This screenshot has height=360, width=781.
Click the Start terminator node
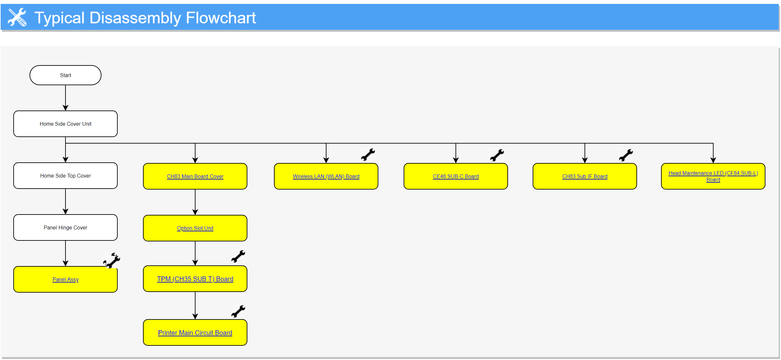tap(65, 75)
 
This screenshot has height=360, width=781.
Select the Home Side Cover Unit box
tap(65, 124)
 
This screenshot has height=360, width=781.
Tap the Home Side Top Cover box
tap(65, 176)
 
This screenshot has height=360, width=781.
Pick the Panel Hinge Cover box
tap(65, 227)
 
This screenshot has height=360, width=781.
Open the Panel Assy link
tap(65, 279)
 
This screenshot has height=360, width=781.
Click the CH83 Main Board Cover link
tap(195, 176)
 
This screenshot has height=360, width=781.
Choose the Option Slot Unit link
tap(195, 228)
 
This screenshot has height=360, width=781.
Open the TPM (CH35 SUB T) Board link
tap(195, 279)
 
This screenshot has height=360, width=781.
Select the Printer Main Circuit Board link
tap(195, 333)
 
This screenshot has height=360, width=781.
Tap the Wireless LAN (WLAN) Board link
tap(326, 176)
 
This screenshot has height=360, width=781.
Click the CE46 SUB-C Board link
tap(456, 176)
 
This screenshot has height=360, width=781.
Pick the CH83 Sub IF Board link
tap(585, 176)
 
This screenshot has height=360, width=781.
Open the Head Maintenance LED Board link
tap(713, 176)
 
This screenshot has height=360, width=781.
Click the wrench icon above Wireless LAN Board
tap(368, 155)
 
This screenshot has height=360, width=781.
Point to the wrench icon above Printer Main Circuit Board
tap(238, 311)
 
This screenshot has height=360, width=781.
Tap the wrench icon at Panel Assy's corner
tap(112, 261)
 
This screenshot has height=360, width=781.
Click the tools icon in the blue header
tap(17, 17)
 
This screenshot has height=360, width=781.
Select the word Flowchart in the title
tap(221, 18)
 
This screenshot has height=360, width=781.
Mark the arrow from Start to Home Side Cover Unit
tap(65, 98)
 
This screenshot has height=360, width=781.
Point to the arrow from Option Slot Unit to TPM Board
tap(195, 253)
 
